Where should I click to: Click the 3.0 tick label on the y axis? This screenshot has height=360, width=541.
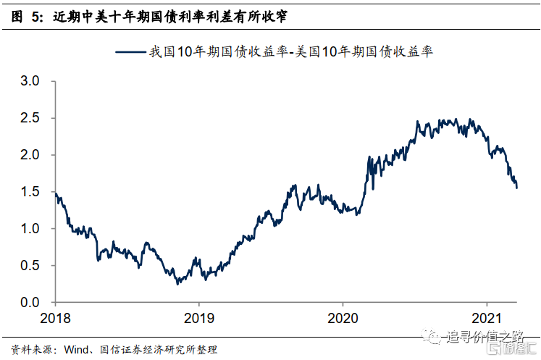30,81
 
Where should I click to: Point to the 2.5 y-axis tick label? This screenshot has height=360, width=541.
30,118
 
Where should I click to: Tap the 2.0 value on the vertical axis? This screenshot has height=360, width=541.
30,155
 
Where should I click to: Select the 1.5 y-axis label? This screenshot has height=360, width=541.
30,192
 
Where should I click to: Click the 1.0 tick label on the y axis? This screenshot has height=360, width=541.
30,229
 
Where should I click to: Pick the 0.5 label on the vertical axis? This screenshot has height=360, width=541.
30,266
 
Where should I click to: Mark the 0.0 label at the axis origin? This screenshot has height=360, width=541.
30,303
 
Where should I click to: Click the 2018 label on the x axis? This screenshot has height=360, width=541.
55,318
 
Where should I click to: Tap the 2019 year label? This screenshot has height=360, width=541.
199,318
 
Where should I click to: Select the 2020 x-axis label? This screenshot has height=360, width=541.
343,318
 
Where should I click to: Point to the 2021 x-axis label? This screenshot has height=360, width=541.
487,318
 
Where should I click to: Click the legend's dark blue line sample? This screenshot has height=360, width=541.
130,52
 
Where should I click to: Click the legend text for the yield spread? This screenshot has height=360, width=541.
291,51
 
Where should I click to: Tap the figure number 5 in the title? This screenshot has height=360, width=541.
36,17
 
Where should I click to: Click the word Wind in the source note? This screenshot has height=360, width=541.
76,350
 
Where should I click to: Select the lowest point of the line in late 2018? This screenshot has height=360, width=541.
177,284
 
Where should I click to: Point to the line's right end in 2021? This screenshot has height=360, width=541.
516,188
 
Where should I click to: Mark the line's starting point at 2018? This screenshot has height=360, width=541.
56,193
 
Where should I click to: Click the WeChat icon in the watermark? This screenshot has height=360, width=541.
431,336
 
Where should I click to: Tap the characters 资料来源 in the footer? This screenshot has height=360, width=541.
31,350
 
